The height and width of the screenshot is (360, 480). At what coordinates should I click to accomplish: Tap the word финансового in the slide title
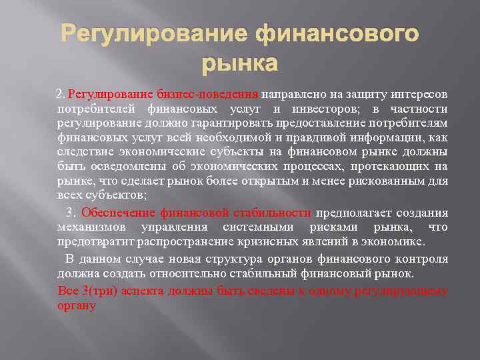point(337,33)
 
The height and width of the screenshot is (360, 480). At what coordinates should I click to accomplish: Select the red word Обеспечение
point(119,213)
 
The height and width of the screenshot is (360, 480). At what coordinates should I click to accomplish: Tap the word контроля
point(422,259)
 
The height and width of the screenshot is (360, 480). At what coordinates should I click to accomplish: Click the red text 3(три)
point(91,291)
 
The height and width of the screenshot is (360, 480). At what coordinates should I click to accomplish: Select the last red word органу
point(77,306)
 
